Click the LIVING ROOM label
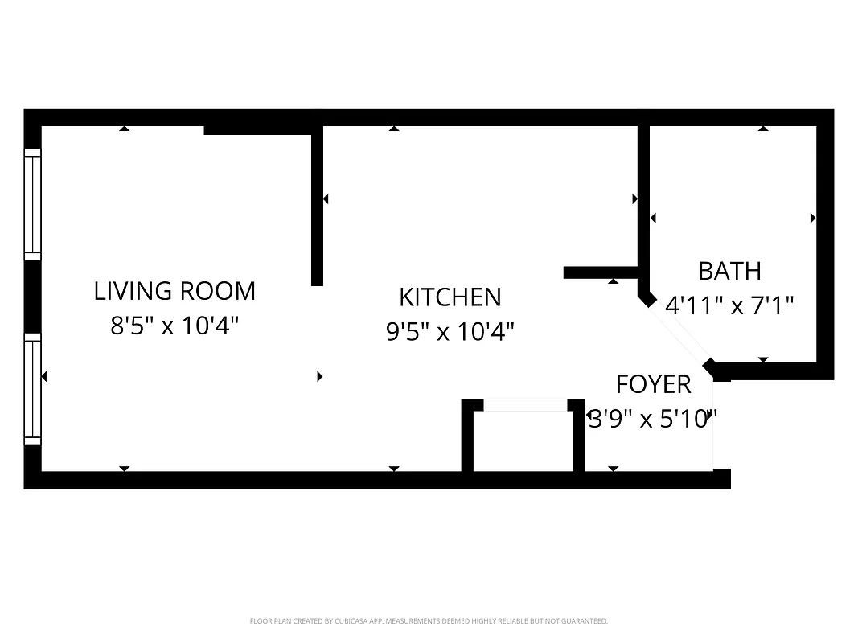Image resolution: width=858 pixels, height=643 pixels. (174, 290)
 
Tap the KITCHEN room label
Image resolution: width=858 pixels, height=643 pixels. (450, 297)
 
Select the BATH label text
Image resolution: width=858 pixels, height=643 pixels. (729, 271)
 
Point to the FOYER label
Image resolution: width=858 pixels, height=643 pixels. (653, 384)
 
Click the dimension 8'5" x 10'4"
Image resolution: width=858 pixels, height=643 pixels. (174, 326)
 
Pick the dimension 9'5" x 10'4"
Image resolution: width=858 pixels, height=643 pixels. (450, 331)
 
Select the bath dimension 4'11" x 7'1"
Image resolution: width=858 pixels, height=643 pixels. (729, 305)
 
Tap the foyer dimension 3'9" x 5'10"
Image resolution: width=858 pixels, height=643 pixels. (652, 419)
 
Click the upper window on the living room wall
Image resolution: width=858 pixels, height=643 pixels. (32, 204)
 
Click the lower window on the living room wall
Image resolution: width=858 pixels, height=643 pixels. (32, 389)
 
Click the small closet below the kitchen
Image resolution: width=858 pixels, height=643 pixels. (523, 440)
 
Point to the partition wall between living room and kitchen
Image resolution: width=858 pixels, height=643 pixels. (317, 205)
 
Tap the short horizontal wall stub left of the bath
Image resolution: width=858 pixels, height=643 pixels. (601, 272)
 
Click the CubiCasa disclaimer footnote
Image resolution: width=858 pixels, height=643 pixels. (429, 621)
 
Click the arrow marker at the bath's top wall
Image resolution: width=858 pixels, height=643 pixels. (763, 128)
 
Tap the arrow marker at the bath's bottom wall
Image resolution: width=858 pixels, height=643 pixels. (763, 360)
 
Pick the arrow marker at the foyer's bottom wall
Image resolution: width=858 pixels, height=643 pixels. (613, 468)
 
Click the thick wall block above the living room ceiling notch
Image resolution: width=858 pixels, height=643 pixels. (257, 129)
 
